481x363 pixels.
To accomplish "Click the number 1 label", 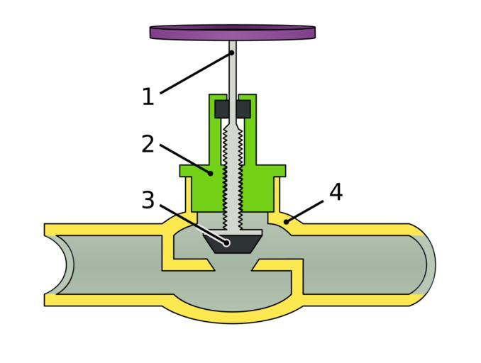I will [x=148, y=96].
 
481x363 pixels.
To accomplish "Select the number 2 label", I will [x=148, y=144].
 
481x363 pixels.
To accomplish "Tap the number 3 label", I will [x=148, y=201].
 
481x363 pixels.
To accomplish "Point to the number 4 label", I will [x=336, y=191].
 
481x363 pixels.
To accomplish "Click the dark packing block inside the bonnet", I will [x=232, y=109].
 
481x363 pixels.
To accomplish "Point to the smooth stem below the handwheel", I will [x=232, y=71].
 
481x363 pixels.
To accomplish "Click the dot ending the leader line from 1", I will [x=231, y=52].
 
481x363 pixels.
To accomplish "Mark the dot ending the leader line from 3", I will [x=227, y=242].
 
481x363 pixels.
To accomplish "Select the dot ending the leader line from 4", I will [x=285, y=221].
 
